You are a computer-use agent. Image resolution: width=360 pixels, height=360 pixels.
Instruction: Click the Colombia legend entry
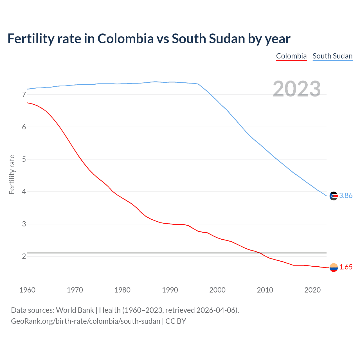(x=291, y=56)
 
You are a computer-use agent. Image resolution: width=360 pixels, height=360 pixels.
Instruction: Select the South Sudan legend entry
(x=332, y=56)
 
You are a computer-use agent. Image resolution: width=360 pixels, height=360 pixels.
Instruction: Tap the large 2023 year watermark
(x=297, y=89)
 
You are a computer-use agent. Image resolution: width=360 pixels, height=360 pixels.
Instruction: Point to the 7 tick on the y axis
(x=24, y=94)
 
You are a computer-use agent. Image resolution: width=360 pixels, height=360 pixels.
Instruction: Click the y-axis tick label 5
(x=24, y=159)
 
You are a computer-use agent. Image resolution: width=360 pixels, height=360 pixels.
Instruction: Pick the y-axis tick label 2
(x=24, y=256)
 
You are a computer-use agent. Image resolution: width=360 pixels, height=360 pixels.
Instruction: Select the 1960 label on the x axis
(x=27, y=290)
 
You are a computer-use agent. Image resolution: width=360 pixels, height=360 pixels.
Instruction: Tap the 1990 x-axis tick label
(x=170, y=290)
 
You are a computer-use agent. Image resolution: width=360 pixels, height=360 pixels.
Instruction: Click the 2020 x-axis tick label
(x=312, y=290)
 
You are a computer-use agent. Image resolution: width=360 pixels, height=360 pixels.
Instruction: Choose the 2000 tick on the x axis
(x=217, y=290)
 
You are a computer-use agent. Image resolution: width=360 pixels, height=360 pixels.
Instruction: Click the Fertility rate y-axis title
(x=12, y=174)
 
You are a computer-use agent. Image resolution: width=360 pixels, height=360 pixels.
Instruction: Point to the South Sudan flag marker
(x=334, y=196)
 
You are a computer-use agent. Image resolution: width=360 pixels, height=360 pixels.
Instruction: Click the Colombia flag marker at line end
(x=334, y=267)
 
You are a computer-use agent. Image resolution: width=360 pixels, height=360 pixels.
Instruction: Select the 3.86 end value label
(x=346, y=196)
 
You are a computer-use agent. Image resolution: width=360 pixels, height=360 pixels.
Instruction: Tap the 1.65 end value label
(x=346, y=267)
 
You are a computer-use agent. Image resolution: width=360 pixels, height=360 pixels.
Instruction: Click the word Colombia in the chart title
(x=125, y=39)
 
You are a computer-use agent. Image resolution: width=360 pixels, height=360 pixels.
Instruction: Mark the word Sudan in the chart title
(x=227, y=39)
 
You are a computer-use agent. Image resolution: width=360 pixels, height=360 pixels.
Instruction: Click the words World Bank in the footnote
(x=75, y=310)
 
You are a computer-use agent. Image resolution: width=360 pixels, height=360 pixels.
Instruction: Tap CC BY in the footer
(x=175, y=321)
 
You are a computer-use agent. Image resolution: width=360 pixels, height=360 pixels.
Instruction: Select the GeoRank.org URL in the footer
(x=85, y=321)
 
